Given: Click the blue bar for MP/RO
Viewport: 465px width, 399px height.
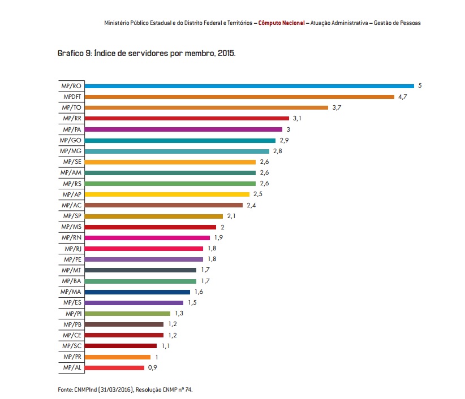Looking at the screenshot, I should tap(249, 86).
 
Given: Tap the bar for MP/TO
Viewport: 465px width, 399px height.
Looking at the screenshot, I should tap(206, 107).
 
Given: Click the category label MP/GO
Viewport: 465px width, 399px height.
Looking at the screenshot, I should tap(72, 140).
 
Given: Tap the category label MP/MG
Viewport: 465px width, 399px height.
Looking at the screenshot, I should tap(72, 151).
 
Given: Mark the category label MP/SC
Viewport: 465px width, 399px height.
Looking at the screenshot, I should tap(72, 346).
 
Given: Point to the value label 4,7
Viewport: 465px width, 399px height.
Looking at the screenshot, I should tap(403, 97).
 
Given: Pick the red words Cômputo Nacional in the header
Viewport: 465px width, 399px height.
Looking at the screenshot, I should tap(281, 23).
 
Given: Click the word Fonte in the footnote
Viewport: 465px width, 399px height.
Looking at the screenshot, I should tap(64, 389).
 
